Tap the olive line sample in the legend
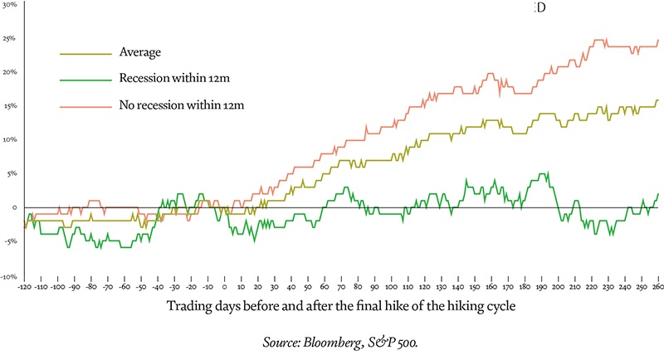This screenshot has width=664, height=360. [x=85, y=53]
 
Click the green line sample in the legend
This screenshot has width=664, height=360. [x=85, y=80]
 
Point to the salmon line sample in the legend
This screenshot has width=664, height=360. [x=85, y=106]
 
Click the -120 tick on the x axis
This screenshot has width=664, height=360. [x=24, y=286]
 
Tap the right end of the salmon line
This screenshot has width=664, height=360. [x=659, y=39]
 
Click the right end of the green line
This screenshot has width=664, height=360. [x=659, y=193]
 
